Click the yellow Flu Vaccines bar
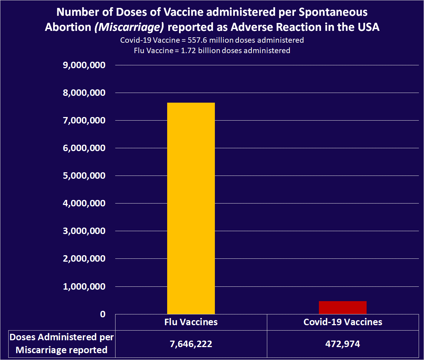coord(191,208)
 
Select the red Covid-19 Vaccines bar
coord(343,308)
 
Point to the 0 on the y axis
coord(103,314)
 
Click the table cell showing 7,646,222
coord(191,344)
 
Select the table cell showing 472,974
coord(343,344)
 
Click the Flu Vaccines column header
coord(191,322)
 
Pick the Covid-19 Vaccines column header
coord(343,322)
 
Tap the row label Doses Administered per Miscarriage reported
coord(58,344)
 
